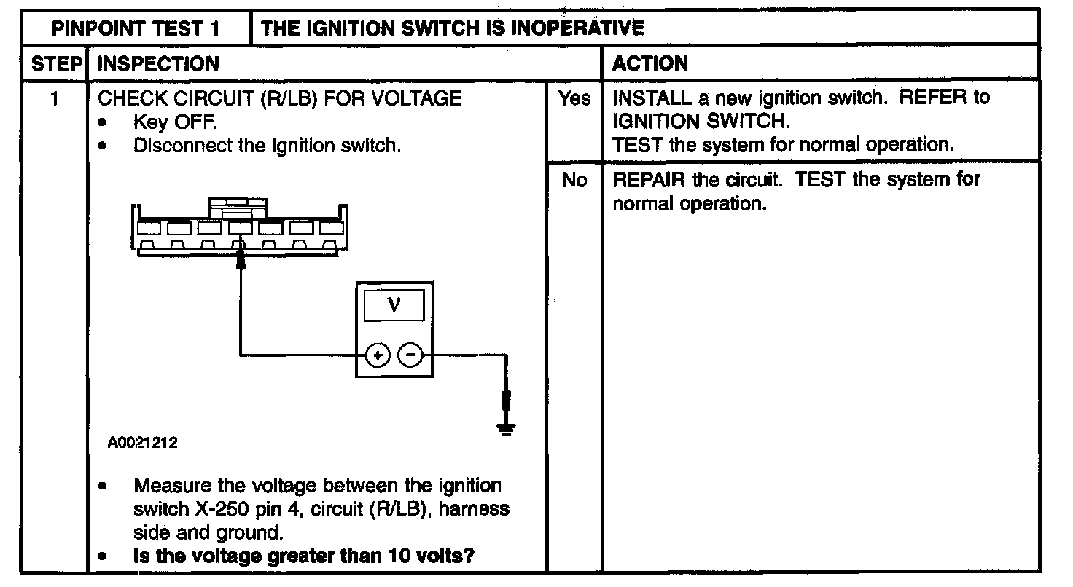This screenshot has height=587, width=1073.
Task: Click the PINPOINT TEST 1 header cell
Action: coord(136,28)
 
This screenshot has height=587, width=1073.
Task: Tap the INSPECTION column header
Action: coord(158,63)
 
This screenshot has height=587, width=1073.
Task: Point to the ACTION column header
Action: coord(650,63)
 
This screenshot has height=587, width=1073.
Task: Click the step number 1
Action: coord(55,98)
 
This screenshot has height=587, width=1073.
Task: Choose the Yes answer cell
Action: coord(574,98)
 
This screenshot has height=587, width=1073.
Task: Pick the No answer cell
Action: coord(574,180)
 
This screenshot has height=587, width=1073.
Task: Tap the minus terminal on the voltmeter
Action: coord(411,355)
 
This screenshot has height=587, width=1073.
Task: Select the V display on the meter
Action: coord(394,304)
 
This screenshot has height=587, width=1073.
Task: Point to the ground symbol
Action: coord(505,429)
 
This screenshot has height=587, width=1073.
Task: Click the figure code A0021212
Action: coord(143,443)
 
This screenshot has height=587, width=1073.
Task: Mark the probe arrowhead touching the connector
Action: coord(241,260)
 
